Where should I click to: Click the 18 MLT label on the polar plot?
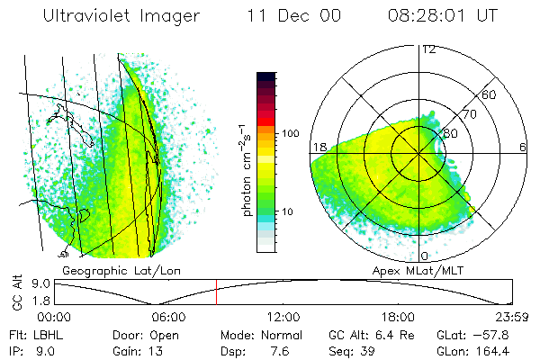pyautogui.click(x=319, y=147)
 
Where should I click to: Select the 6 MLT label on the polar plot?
pyautogui.click(x=523, y=147)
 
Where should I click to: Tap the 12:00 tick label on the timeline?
pyautogui.click(x=283, y=317)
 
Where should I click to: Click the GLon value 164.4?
pyautogui.click(x=493, y=350)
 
